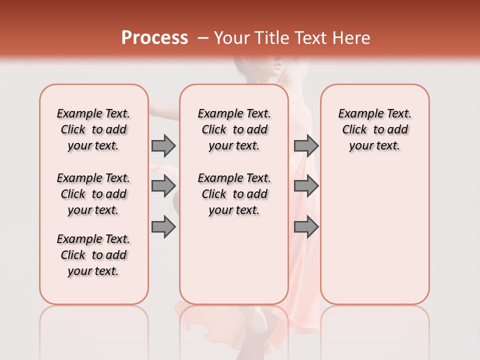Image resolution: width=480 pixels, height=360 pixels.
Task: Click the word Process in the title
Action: coord(154,38)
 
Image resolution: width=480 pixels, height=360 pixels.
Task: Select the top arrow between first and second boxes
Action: coord(163,145)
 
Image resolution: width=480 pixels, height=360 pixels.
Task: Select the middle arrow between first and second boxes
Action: coord(163,186)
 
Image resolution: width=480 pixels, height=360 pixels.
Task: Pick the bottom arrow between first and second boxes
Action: coord(163,227)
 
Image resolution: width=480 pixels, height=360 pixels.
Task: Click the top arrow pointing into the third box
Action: coord(306,145)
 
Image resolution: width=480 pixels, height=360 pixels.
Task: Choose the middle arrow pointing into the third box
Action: coord(306,186)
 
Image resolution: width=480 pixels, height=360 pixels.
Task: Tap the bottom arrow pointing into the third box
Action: coord(306,227)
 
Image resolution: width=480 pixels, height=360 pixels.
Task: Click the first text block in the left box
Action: coord(93,129)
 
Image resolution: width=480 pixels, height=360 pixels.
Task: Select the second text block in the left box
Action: coord(93,194)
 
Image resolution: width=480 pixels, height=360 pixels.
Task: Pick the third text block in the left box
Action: coord(93,255)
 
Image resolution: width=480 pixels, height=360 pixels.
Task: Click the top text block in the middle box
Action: coord(234,129)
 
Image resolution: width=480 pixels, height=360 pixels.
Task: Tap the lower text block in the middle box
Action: coord(234,194)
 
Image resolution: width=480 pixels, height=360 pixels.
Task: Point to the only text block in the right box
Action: coord(374,129)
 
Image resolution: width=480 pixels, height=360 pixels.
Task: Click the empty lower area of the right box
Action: coord(374,235)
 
